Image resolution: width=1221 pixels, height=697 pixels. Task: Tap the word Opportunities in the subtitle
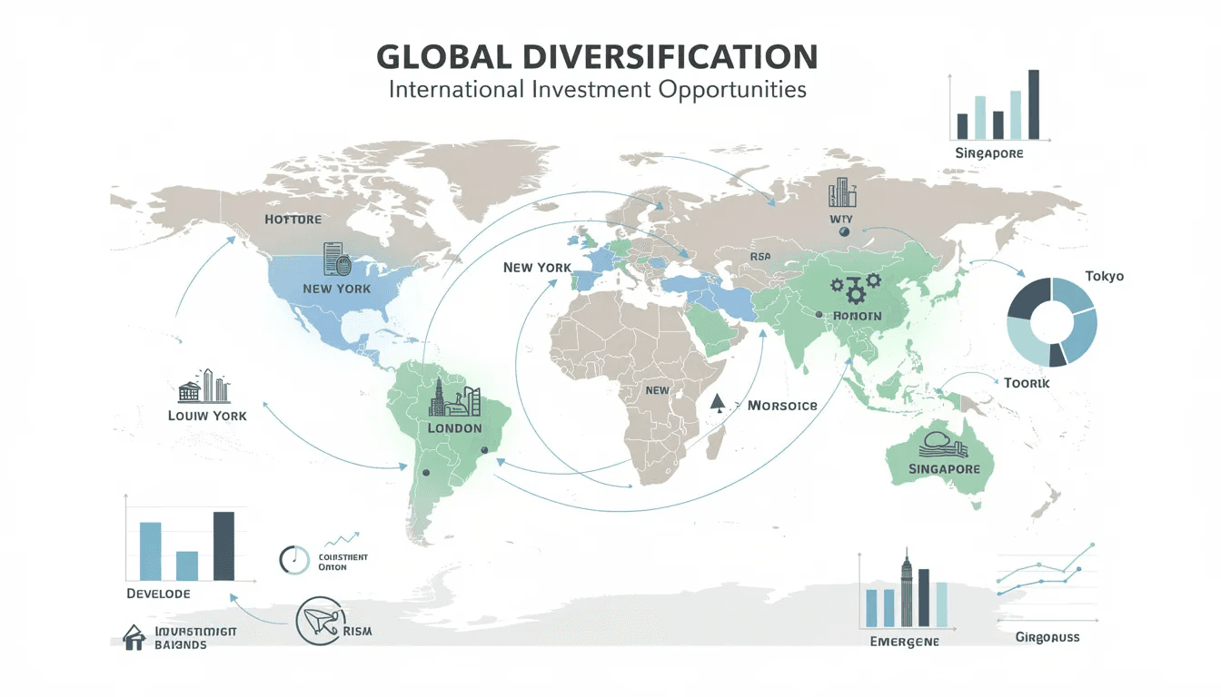[x=729, y=91]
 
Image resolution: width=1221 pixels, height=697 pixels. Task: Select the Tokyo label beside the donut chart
[x=1104, y=276]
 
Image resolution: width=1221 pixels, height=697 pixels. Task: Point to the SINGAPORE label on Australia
[x=944, y=469]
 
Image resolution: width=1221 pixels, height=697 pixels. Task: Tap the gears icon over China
[x=855, y=287]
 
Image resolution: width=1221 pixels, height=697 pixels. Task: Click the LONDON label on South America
[x=453, y=427]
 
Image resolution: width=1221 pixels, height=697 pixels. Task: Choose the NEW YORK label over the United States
[x=336, y=289]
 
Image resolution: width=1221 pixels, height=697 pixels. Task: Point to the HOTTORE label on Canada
[x=293, y=220]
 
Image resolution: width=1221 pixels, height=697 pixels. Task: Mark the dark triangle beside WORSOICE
[x=718, y=401]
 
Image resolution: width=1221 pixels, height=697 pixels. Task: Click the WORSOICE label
[x=781, y=406]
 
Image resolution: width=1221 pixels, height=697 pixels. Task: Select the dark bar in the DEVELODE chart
[x=223, y=545]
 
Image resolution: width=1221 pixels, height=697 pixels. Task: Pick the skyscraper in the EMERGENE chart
[x=905, y=589]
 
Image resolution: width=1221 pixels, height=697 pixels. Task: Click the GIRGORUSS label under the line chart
[x=1047, y=637]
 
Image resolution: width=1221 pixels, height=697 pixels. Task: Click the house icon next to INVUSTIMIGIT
[x=134, y=638]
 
